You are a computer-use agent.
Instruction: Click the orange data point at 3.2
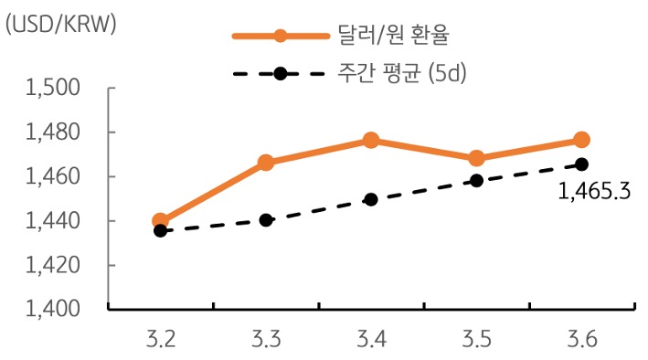pyautogui.click(x=161, y=221)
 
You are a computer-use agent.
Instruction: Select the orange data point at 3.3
pyautogui.click(x=266, y=163)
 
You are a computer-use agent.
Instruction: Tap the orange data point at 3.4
pyautogui.click(x=371, y=140)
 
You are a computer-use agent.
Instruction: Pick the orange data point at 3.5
pyautogui.click(x=476, y=158)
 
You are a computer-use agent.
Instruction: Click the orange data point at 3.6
pyautogui.click(x=581, y=140)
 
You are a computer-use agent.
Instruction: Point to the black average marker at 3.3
pyautogui.click(x=266, y=220)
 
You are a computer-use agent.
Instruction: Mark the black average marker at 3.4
pyautogui.click(x=371, y=199)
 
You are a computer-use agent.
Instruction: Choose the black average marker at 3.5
pyautogui.click(x=476, y=181)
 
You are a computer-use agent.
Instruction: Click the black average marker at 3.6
pyautogui.click(x=581, y=164)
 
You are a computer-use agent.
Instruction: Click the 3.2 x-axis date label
pyautogui.click(x=161, y=341)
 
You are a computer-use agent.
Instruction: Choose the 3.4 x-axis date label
pyautogui.click(x=371, y=341)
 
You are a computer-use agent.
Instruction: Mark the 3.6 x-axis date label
pyautogui.click(x=581, y=341)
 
